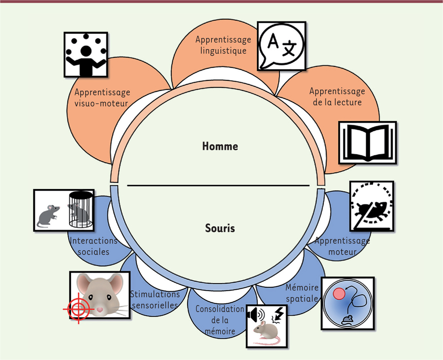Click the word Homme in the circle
220,147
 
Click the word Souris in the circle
220,228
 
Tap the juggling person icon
86,54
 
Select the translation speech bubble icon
281,46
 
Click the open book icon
367,142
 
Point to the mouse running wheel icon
371,206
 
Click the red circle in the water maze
339,295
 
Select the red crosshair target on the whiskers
78,309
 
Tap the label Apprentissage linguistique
223,45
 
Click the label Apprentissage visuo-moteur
102,97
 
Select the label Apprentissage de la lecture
337,96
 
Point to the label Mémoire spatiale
301,292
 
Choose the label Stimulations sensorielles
155,299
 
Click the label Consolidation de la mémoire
220,320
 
